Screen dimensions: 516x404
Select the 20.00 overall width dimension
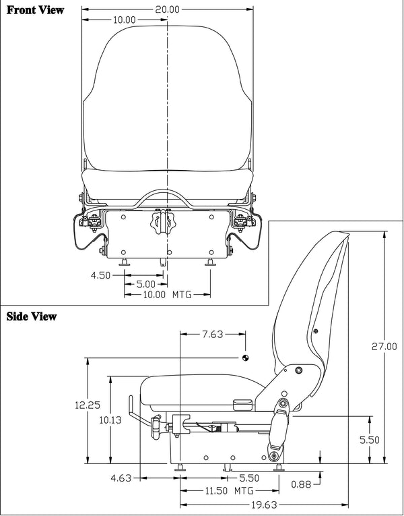[x=166, y=9]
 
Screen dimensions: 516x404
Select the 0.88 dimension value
[x=301, y=483]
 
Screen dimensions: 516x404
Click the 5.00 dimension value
[x=145, y=285]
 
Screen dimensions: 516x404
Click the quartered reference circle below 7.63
[x=246, y=357]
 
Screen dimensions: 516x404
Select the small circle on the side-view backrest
[x=314, y=330]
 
